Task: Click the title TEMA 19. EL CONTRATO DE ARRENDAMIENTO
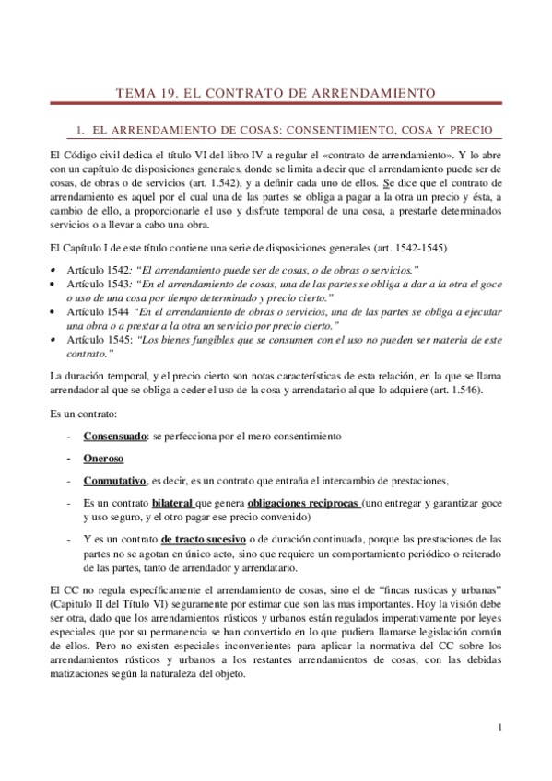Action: (x=276, y=93)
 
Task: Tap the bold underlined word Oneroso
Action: (x=103, y=458)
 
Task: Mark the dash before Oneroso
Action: (x=70, y=458)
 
